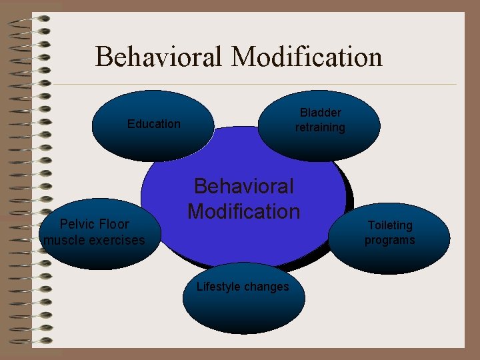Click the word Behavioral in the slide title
click(159, 57)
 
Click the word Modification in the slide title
click(307, 57)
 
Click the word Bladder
click(320, 113)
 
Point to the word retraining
click(320, 127)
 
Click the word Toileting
click(390, 225)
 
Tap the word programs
click(389, 240)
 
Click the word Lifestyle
click(219, 287)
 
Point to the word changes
click(267, 287)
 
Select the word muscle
click(65, 239)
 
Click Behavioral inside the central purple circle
click(243, 187)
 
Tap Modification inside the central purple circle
click(243, 211)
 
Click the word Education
click(153, 124)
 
